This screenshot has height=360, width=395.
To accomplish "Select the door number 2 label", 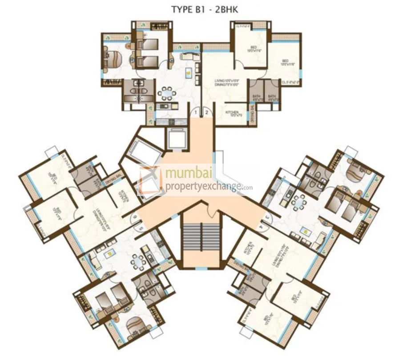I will [206, 113].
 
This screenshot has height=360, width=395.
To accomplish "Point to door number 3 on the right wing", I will [266, 216].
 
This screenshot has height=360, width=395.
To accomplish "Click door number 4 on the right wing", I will [261, 226].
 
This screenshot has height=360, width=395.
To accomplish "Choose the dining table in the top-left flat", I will [167, 93].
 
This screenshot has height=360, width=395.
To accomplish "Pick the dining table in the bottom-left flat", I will [139, 263].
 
